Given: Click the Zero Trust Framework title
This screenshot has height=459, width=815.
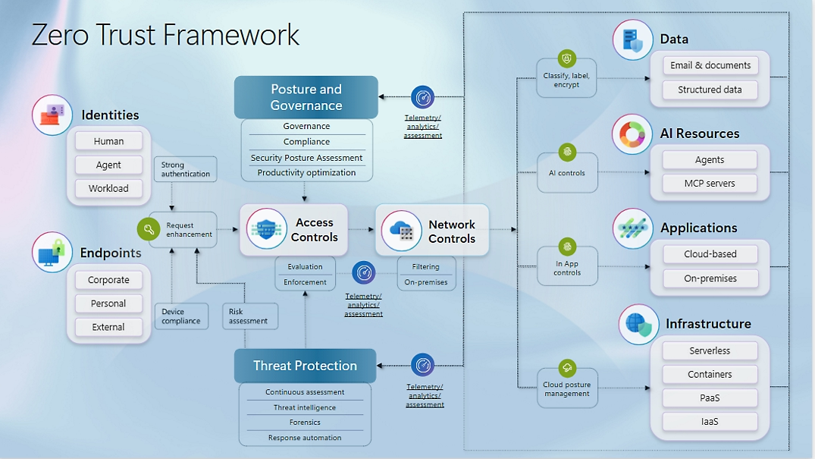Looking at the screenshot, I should (x=166, y=36).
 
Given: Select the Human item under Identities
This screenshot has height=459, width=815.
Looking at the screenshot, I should (x=109, y=141).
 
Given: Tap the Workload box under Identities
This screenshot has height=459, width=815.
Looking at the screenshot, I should (x=109, y=188).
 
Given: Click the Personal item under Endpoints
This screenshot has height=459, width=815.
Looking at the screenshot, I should (x=109, y=303).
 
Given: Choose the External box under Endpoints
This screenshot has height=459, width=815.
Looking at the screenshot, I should (x=109, y=327).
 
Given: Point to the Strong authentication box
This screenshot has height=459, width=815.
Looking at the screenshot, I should (x=185, y=169).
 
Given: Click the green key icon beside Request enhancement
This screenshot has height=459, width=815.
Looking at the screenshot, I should (x=148, y=230).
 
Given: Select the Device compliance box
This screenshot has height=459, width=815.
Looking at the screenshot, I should (x=181, y=316).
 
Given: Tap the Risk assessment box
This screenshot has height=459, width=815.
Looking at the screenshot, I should (x=249, y=316).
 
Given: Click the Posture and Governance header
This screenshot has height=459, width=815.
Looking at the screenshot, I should (x=306, y=97).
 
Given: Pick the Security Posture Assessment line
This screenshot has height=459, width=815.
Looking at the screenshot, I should (x=307, y=158).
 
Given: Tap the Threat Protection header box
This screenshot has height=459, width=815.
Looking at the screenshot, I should (x=305, y=366).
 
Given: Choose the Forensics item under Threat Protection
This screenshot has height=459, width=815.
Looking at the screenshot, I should (x=305, y=423).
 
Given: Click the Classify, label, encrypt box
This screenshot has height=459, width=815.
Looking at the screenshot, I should (x=566, y=77).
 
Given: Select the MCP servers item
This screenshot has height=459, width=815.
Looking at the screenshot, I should (x=710, y=184).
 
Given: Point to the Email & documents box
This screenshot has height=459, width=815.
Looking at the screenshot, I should (x=710, y=65).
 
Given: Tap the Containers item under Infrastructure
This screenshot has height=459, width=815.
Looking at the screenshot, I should (x=710, y=375).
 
